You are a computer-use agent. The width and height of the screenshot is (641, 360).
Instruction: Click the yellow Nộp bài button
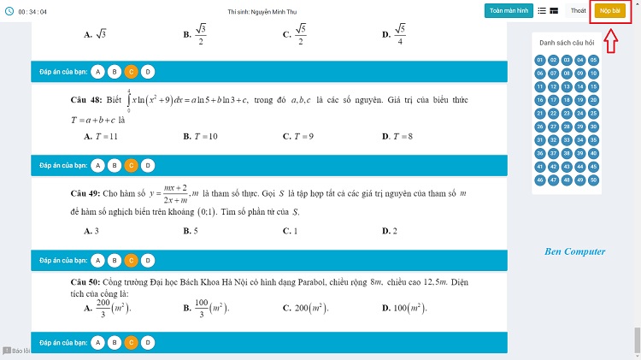609,10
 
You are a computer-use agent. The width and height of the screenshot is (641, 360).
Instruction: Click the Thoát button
579,10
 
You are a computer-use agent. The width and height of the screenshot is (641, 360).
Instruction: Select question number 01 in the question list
540,60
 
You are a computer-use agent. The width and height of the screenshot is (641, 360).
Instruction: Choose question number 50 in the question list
594,180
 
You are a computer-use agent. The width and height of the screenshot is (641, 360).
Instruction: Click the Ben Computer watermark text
574,251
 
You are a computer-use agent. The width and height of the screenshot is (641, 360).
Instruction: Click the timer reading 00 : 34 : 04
32,11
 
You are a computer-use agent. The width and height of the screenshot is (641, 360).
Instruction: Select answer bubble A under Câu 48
98,165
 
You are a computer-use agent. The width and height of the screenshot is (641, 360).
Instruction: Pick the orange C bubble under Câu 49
131,260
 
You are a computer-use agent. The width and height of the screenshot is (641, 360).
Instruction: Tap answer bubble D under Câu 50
147,343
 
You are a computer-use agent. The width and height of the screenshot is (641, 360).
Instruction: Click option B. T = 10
201,137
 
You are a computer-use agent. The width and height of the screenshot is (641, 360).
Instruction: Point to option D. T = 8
398,137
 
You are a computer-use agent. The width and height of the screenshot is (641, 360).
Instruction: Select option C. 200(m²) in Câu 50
305,307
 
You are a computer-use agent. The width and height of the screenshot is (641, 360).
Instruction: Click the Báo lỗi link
16,351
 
